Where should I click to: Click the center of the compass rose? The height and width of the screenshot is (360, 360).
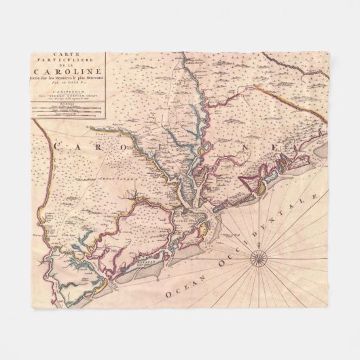pyautogui.click(x=258, y=257)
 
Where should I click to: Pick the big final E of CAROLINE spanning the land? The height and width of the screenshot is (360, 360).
pyautogui.click(x=306, y=145)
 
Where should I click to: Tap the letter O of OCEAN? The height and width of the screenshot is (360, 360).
pyautogui.click(x=168, y=296)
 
